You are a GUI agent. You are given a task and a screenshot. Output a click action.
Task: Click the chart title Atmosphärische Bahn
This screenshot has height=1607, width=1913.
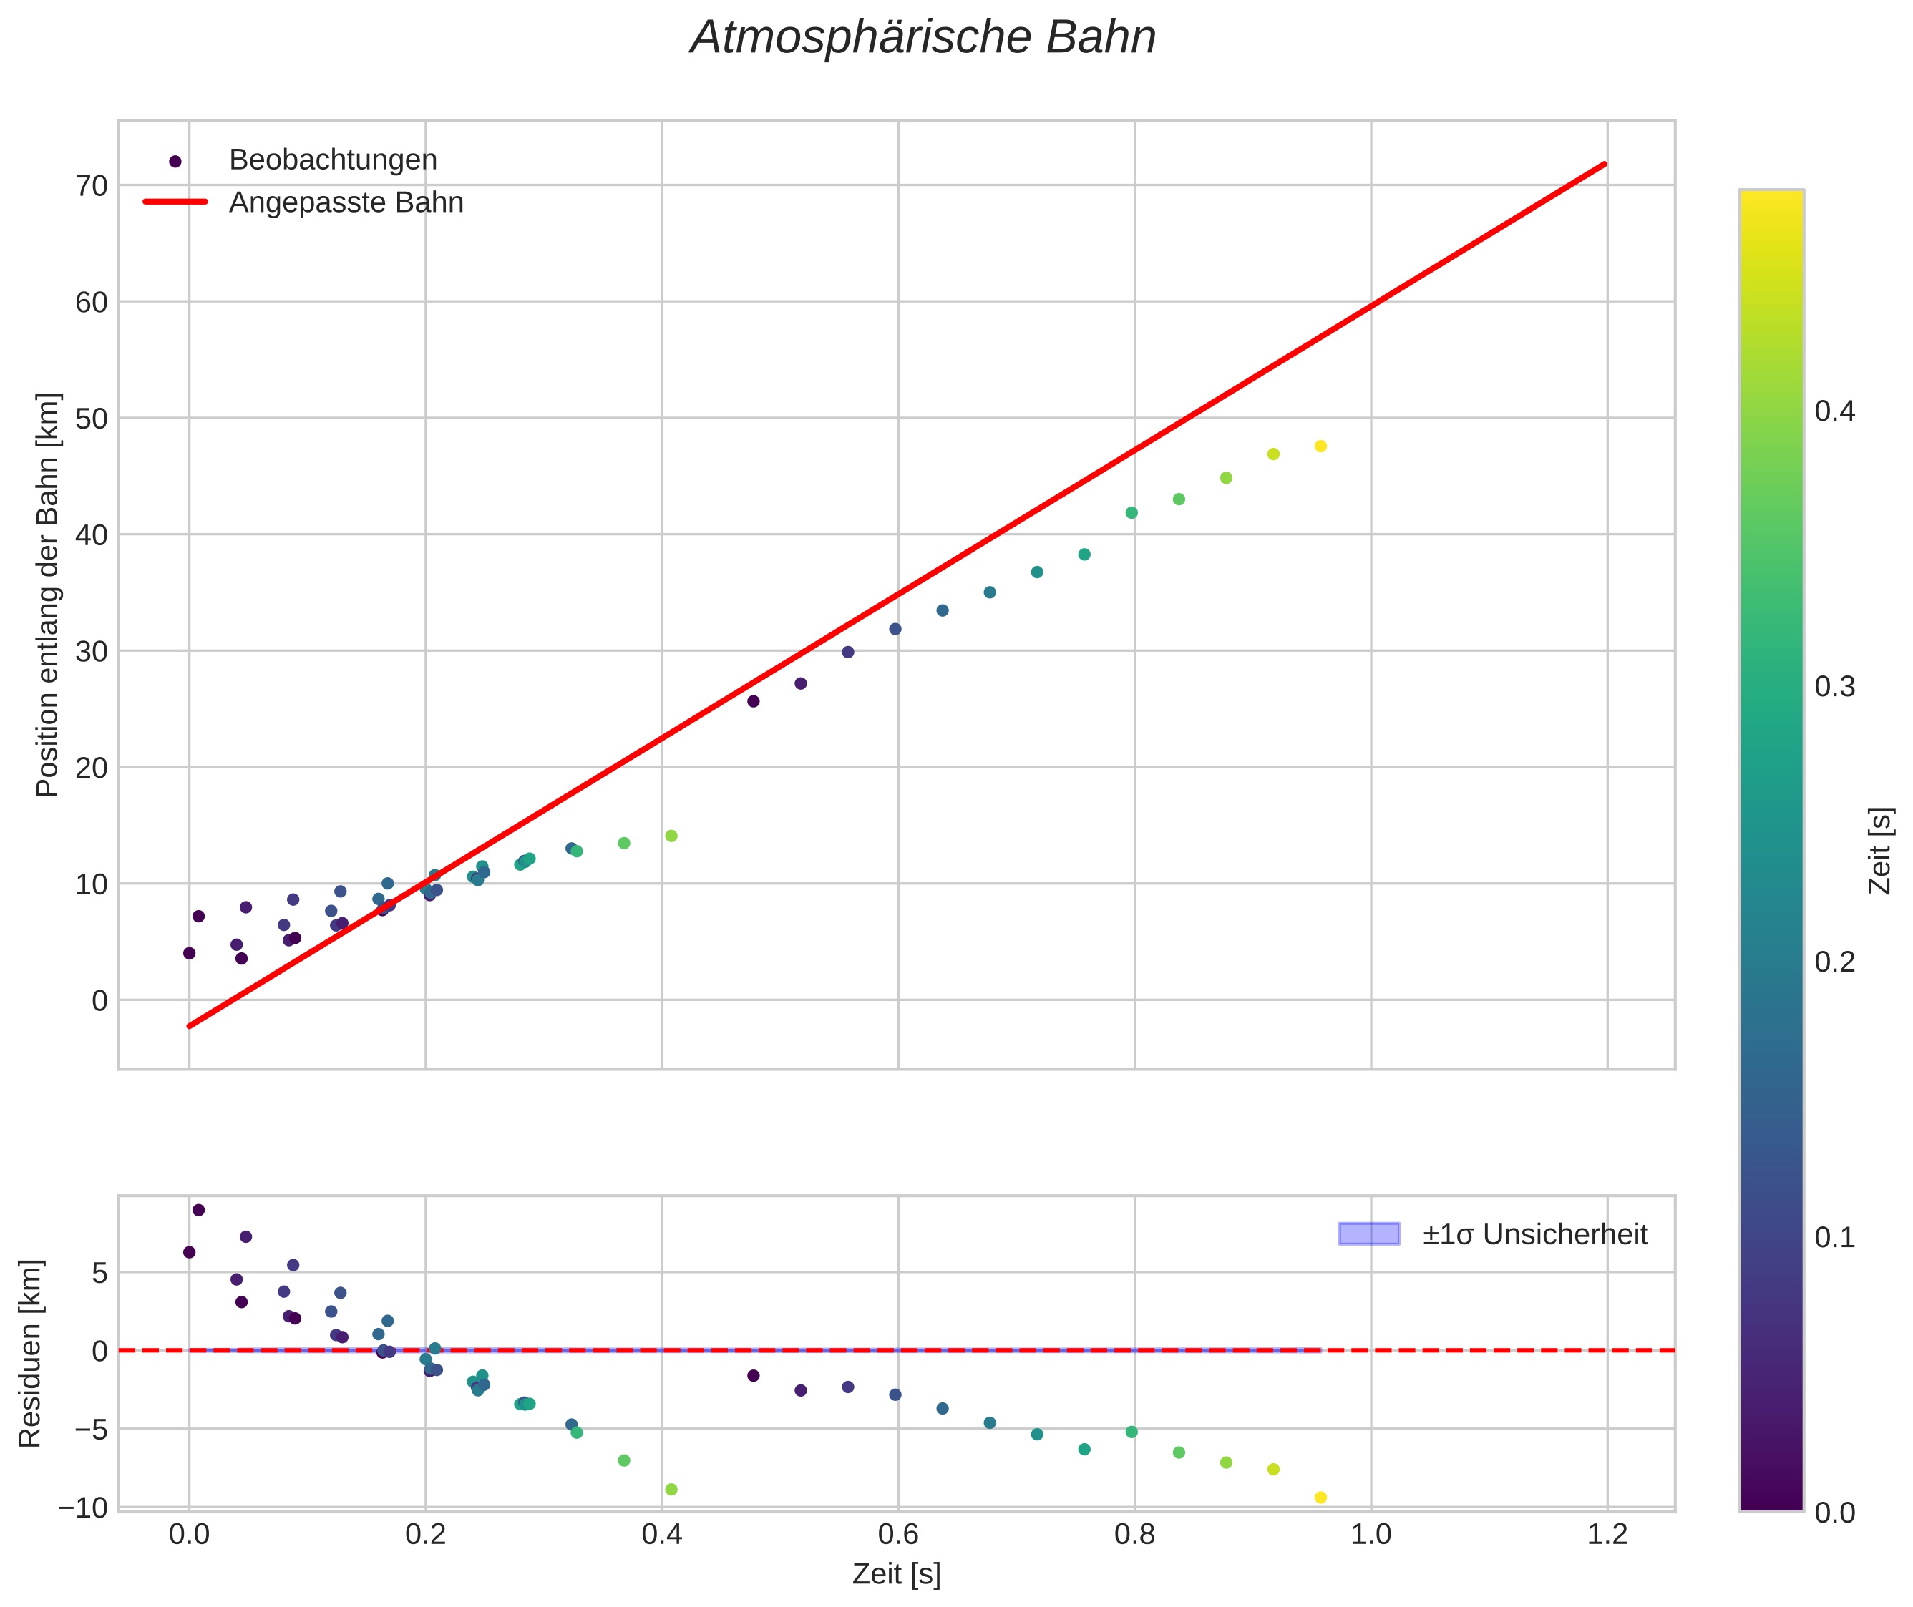pyautogui.click(x=923, y=38)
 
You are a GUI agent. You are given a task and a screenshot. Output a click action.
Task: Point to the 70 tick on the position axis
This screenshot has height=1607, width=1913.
pyautogui.click(x=91, y=186)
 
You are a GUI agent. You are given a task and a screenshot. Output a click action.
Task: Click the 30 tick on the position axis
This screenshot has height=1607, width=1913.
pyautogui.click(x=91, y=651)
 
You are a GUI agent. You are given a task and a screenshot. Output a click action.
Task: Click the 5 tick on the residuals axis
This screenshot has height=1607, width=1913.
pyautogui.click(x=99, y=1273)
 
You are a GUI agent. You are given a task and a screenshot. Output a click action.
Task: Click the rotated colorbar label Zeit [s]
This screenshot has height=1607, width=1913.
pyautogui.click(x=1879, y=850)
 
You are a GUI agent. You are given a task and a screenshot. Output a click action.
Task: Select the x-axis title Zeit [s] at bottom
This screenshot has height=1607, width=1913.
pyautogui.click(x=896, y=1575)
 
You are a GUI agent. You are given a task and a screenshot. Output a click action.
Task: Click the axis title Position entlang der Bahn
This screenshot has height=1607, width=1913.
pyautogui.click(x=47, y=595)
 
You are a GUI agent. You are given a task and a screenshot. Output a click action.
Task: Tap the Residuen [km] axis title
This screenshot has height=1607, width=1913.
pyautogui.click(x=30, y=1353)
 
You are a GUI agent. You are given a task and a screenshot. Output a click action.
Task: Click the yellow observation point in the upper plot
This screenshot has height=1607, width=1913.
pyautogui.click(x=1320, y=446)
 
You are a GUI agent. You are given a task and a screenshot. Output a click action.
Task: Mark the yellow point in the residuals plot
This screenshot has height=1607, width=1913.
pyautogui.click(x=1320, y=1497)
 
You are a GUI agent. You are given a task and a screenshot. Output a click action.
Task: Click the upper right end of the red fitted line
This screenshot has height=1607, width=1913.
pyautogui.click(x=1605, y=164)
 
